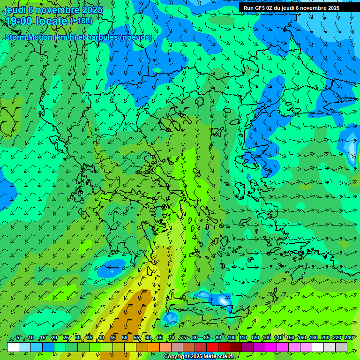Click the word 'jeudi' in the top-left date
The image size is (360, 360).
click(15, 10)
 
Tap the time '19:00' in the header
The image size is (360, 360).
click(19, 21)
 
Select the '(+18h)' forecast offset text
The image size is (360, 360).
click(81, 21)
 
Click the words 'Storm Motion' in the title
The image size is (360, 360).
click(29, 37)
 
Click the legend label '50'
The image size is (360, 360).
click(125, 338)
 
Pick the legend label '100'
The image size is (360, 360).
click(231, 338)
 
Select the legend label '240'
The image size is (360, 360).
click(348, 338)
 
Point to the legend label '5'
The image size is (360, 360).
click(18, 338)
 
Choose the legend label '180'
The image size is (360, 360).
click(313, 338)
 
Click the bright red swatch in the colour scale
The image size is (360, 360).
click(212, 347)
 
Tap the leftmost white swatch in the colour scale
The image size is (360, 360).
click(13, 347)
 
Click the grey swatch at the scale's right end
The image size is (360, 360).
click(341, 347)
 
